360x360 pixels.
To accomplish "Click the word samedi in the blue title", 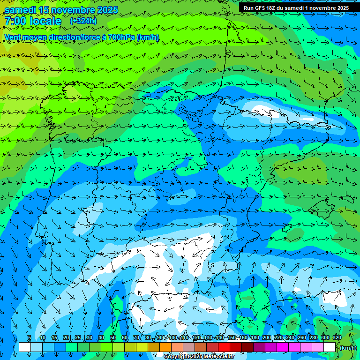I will pos(21,10).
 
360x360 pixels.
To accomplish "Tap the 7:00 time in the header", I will pos(15,21).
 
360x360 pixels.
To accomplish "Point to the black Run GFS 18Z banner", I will pos(296,7).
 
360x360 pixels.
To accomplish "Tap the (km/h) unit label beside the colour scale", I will pos(348,348).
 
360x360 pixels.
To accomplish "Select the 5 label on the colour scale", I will pos(29,337).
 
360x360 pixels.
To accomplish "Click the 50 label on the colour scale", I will pos(112,337).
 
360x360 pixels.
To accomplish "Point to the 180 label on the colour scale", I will pos(255,337).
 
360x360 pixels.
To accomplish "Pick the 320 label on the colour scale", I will pos(337,337).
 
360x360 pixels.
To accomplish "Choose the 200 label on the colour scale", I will pos(266,337).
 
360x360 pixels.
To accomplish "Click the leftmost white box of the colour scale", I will pos(24,347).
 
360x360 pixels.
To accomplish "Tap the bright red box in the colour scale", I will pos(224,347).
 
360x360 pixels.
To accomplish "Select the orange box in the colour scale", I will pos(165,347).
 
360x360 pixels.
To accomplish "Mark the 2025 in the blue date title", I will pos(104,10).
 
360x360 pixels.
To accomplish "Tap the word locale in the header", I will pos(45,21).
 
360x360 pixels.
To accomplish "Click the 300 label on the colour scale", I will pos(325,337).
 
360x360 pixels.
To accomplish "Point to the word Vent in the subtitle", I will pos(13,37).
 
